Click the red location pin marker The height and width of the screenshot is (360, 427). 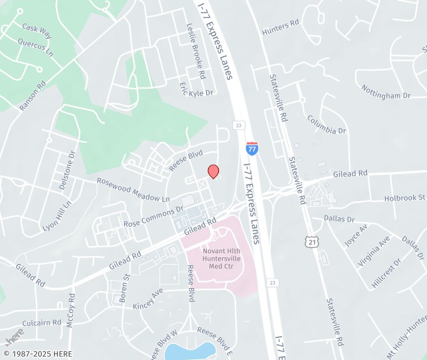[213, 171]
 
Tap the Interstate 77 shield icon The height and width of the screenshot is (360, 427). [252, 149]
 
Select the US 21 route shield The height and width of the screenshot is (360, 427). [311, 239]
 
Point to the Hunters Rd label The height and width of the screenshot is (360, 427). [280, 26]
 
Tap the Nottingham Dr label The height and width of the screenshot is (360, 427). [386, 92]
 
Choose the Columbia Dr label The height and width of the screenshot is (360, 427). [326, 125]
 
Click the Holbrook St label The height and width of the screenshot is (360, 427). [404, 198]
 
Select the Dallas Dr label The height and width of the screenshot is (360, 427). [339, 218]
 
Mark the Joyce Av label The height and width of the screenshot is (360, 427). [356, 235]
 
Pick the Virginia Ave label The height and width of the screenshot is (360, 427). [374, 251]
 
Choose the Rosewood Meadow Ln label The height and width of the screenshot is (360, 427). [133, 190]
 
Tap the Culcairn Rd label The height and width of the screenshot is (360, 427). [41, 322]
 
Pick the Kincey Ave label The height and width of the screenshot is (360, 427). [147, 298]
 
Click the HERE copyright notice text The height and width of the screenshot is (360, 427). [38, 353]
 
